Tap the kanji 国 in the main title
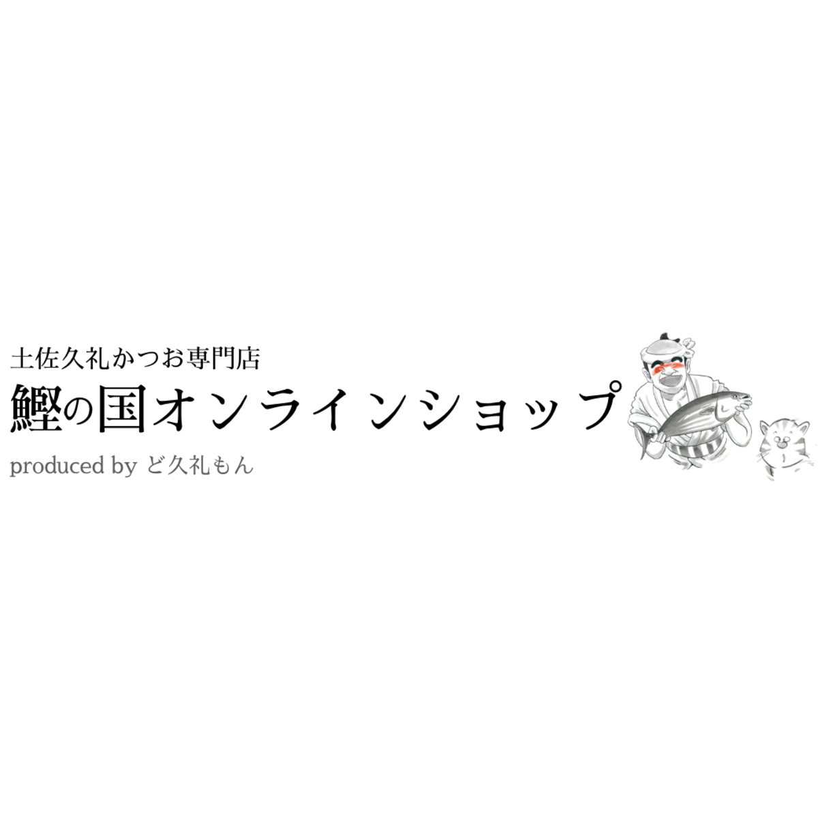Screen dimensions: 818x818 coord(123,408)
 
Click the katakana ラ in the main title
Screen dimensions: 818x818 coord(284,409)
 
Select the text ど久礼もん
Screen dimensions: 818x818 coord(200,466)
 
